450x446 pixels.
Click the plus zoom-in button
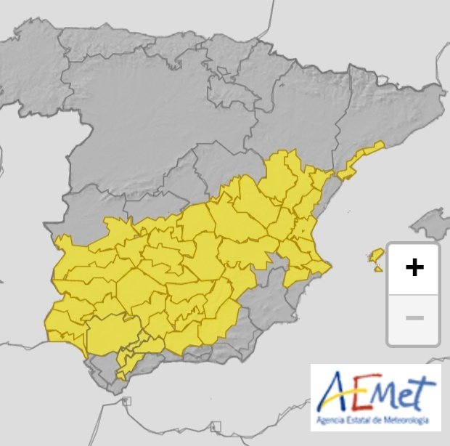coord(414,268)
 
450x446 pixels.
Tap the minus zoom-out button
coord(414,318)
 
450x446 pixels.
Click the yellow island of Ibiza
coord(376,256)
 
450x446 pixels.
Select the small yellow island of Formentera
coord(378,269)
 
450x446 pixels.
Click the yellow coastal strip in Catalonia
coord(359,159)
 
